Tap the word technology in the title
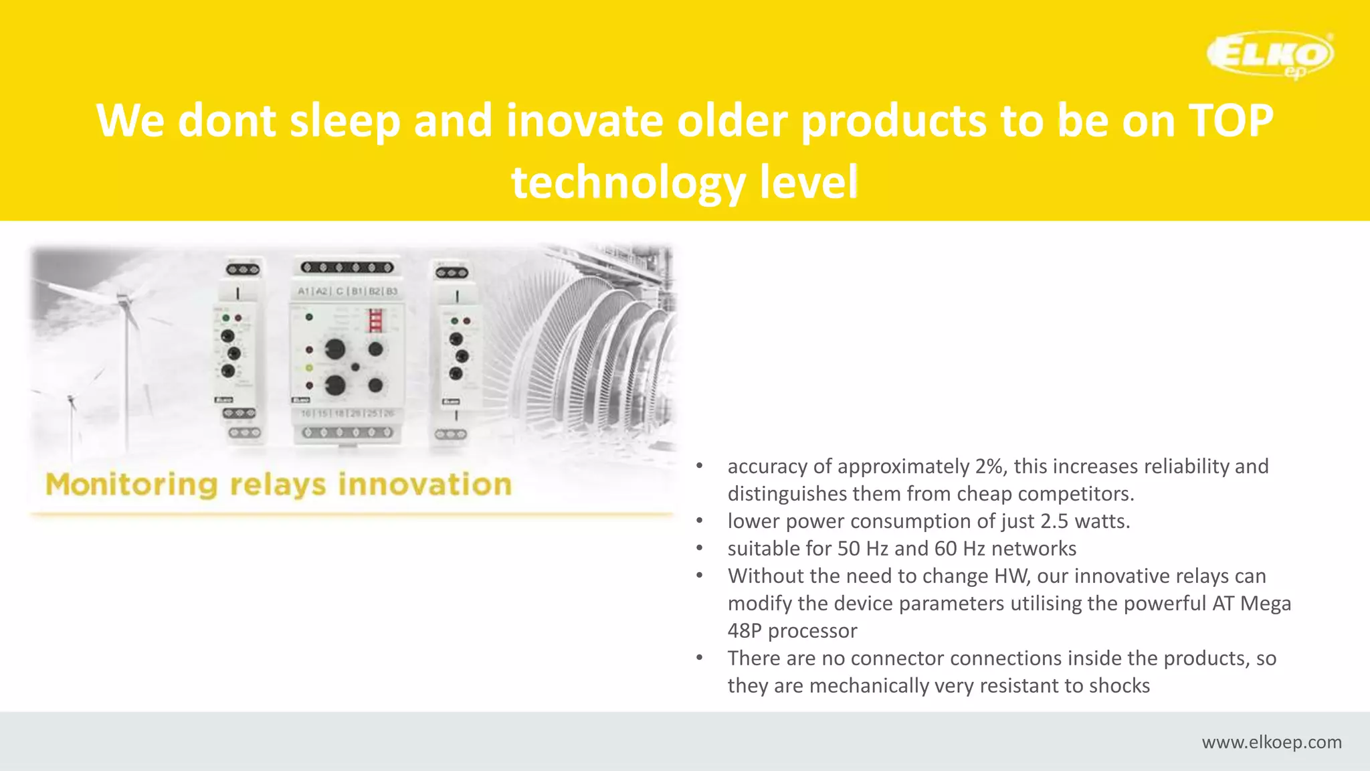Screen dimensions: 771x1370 (628, 182)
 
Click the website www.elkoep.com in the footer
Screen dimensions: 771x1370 (1271, 742)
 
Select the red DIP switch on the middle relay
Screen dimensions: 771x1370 (376, 321)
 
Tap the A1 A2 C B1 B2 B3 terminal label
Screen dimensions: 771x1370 (347, 291)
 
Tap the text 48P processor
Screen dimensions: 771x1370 (792, 631)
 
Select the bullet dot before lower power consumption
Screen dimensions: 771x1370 (699, 521)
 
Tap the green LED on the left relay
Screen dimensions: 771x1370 (226, 318)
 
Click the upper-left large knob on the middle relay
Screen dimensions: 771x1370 (334, 349)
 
